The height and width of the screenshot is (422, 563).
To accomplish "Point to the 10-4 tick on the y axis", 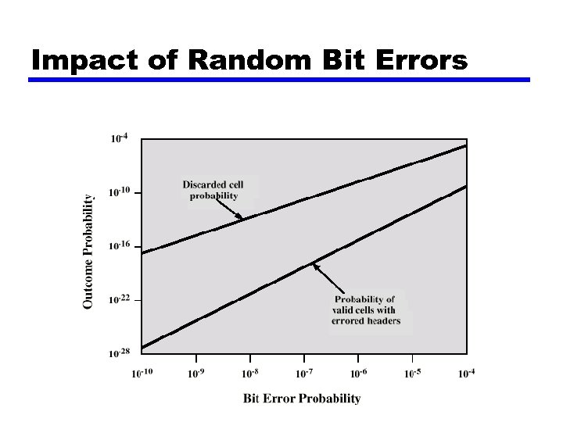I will coord(119,139).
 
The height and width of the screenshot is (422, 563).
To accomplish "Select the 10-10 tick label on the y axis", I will coord(119,192).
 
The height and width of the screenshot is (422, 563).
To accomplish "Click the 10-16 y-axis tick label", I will coord(119,246).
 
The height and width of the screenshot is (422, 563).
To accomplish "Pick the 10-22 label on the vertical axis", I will coord(119,299).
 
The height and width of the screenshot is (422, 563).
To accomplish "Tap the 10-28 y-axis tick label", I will coord(119,353).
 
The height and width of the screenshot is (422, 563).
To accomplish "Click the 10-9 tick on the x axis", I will coord(196,374).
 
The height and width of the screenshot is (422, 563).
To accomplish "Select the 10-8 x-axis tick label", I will coord(250,374).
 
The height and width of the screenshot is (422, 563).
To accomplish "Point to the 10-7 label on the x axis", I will coord(304,374).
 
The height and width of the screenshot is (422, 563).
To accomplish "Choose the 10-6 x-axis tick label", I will coord(358,374).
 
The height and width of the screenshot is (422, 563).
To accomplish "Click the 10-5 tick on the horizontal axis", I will coord(412,374).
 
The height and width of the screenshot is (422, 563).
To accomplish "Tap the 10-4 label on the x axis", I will coord(466,374).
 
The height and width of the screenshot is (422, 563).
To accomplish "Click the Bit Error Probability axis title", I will coord(302,399).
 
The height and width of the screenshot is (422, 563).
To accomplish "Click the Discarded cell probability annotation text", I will coord(213,190).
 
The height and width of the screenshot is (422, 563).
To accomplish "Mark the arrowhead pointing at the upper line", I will coord(239,216).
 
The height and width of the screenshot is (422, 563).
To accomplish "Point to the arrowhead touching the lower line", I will coord(315,266).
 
